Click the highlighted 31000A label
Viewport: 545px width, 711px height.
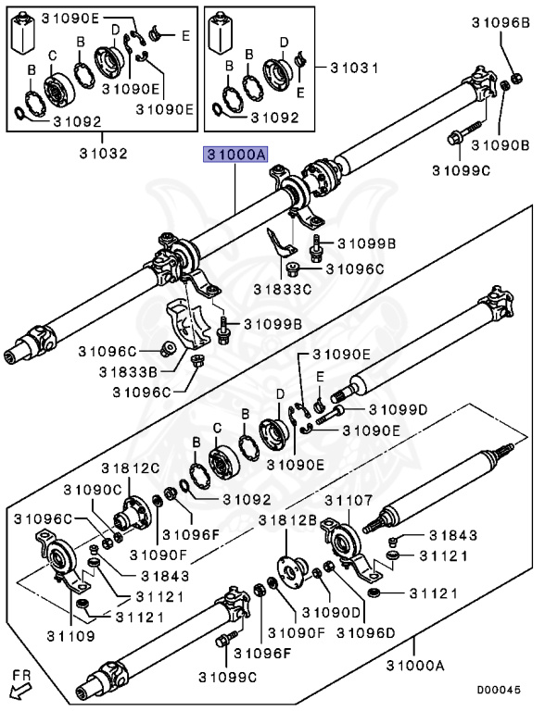click(235, 155)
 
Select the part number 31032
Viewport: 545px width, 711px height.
click(104, 153)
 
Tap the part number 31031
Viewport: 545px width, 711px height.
click(354, 68)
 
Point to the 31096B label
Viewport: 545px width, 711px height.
click(501, 22)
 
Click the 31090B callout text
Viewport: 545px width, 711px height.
click(501, 145)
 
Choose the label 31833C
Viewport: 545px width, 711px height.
click(283, 289)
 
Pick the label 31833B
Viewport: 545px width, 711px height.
click(128, 372)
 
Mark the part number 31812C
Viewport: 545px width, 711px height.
click(131, 468)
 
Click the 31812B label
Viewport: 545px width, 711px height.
click(288, 520)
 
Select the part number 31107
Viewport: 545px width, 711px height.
click(349, 501)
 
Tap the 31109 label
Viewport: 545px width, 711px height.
click(70, 636)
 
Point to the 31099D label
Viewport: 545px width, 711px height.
click(398, 410)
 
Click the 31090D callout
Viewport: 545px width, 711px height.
click(331, 612)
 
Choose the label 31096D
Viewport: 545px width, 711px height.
click(365, 632)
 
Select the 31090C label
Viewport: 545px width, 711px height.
click(93, 490)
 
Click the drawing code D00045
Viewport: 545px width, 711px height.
click(499, 690)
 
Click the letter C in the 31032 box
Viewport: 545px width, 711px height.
click(53, 56)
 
